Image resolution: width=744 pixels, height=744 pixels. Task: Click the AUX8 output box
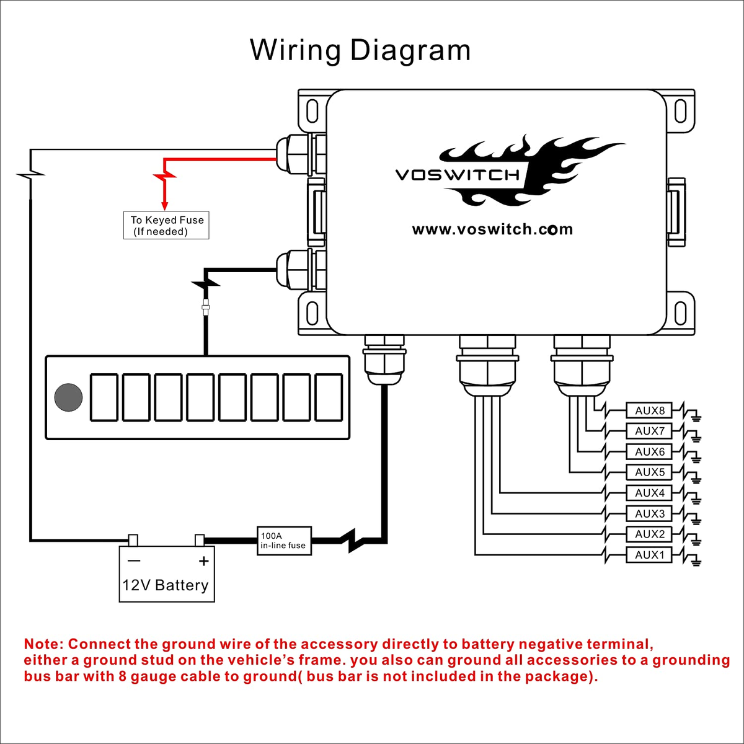click(x=649, y=410)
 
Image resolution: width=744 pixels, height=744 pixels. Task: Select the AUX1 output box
click(x=649, y=555)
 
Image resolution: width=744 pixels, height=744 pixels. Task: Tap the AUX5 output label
click(x=649, y=472)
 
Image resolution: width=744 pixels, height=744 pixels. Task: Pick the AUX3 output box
click(x=649, y=514)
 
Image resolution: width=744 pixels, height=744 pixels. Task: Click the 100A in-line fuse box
click(x=284, y=541)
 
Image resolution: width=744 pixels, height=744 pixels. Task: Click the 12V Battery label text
click(x=166, y=585)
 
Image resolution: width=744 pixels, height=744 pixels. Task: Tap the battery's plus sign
click(x=203, y=562)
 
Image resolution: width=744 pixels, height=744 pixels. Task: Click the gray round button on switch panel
click(x=68, y=397)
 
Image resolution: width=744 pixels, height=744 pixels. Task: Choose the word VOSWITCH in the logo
click(x=458, y=175)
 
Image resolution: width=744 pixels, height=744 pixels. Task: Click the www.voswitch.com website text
click(x=492, y=230)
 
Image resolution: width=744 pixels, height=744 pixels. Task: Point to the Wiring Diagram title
click(x=360, y=50)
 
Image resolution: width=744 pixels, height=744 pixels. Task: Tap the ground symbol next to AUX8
click(x=696, y=417)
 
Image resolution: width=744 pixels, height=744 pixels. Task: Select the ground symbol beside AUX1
click(x=696, y=562)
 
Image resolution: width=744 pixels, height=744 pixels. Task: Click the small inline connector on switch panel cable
click(x=205, y=307)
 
